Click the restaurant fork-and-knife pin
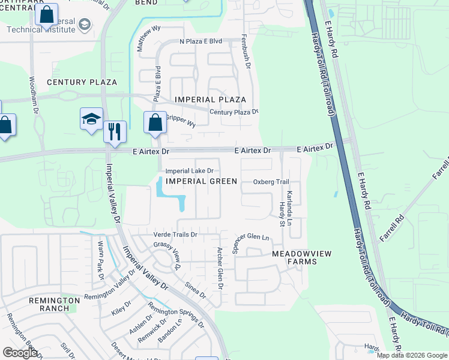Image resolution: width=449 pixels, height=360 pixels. coord(115,130)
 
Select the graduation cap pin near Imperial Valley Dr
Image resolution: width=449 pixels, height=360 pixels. coord(92,118)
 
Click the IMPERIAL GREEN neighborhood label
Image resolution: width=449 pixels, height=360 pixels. coord(201,181)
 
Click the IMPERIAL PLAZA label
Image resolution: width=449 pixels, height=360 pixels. coord(210,100)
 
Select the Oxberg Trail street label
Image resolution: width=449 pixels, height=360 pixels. coord(271,182)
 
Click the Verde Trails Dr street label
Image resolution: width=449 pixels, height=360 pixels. coord(176,235)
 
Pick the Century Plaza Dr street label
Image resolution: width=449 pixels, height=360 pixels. coord(234,112)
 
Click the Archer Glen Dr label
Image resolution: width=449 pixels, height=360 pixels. coord(220,269)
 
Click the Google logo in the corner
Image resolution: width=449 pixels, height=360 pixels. coord(20,353)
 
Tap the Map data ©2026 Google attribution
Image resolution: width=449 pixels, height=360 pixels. coord(412,355)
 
